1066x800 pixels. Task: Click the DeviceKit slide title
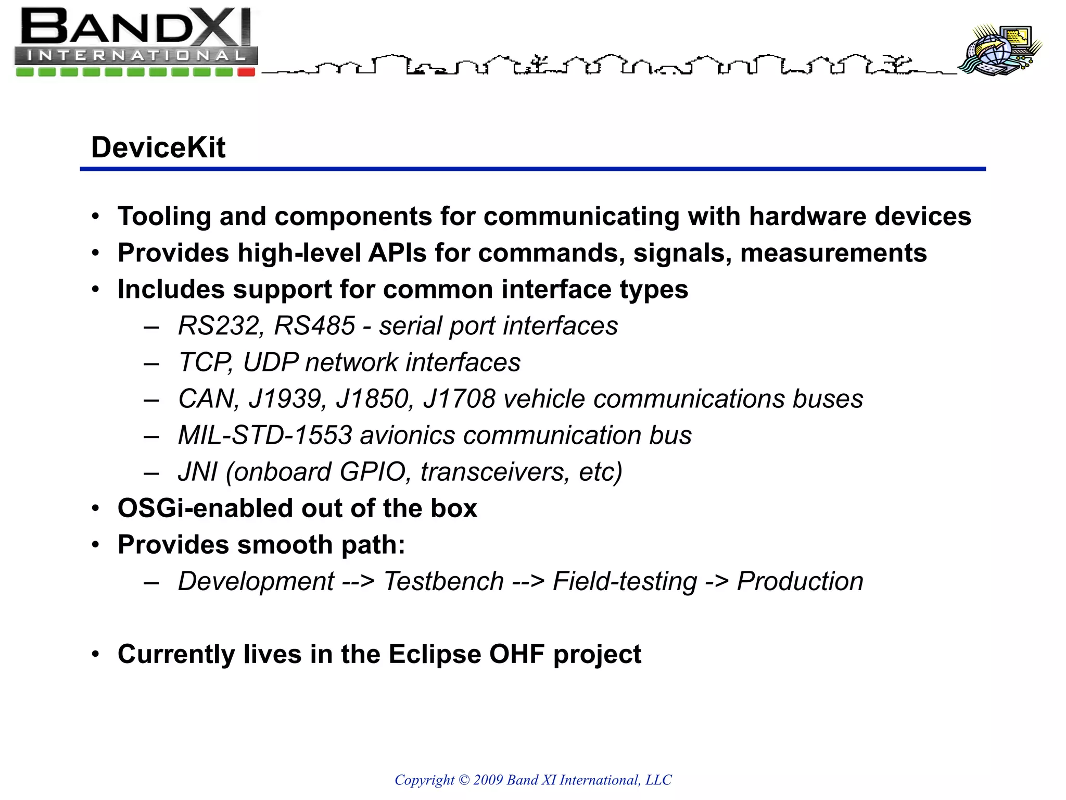[x=158, y=147]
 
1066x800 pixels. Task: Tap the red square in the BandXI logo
[x=246, y=72]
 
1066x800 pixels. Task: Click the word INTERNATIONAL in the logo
[x=136, y=55]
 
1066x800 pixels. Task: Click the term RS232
[x=218, y=326]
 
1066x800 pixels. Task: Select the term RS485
[x=314, y=326]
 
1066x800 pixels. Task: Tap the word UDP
[x=271, y=362]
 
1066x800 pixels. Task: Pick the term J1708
[x=459, y=399]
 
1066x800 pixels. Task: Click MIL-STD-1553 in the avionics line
[x=265, y=435]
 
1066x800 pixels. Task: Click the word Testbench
[x=443, y=581]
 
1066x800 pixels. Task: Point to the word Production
[x=800, y=581]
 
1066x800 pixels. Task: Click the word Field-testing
[x=625, y=581]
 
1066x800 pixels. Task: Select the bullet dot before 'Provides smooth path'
[x=95, y=545]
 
